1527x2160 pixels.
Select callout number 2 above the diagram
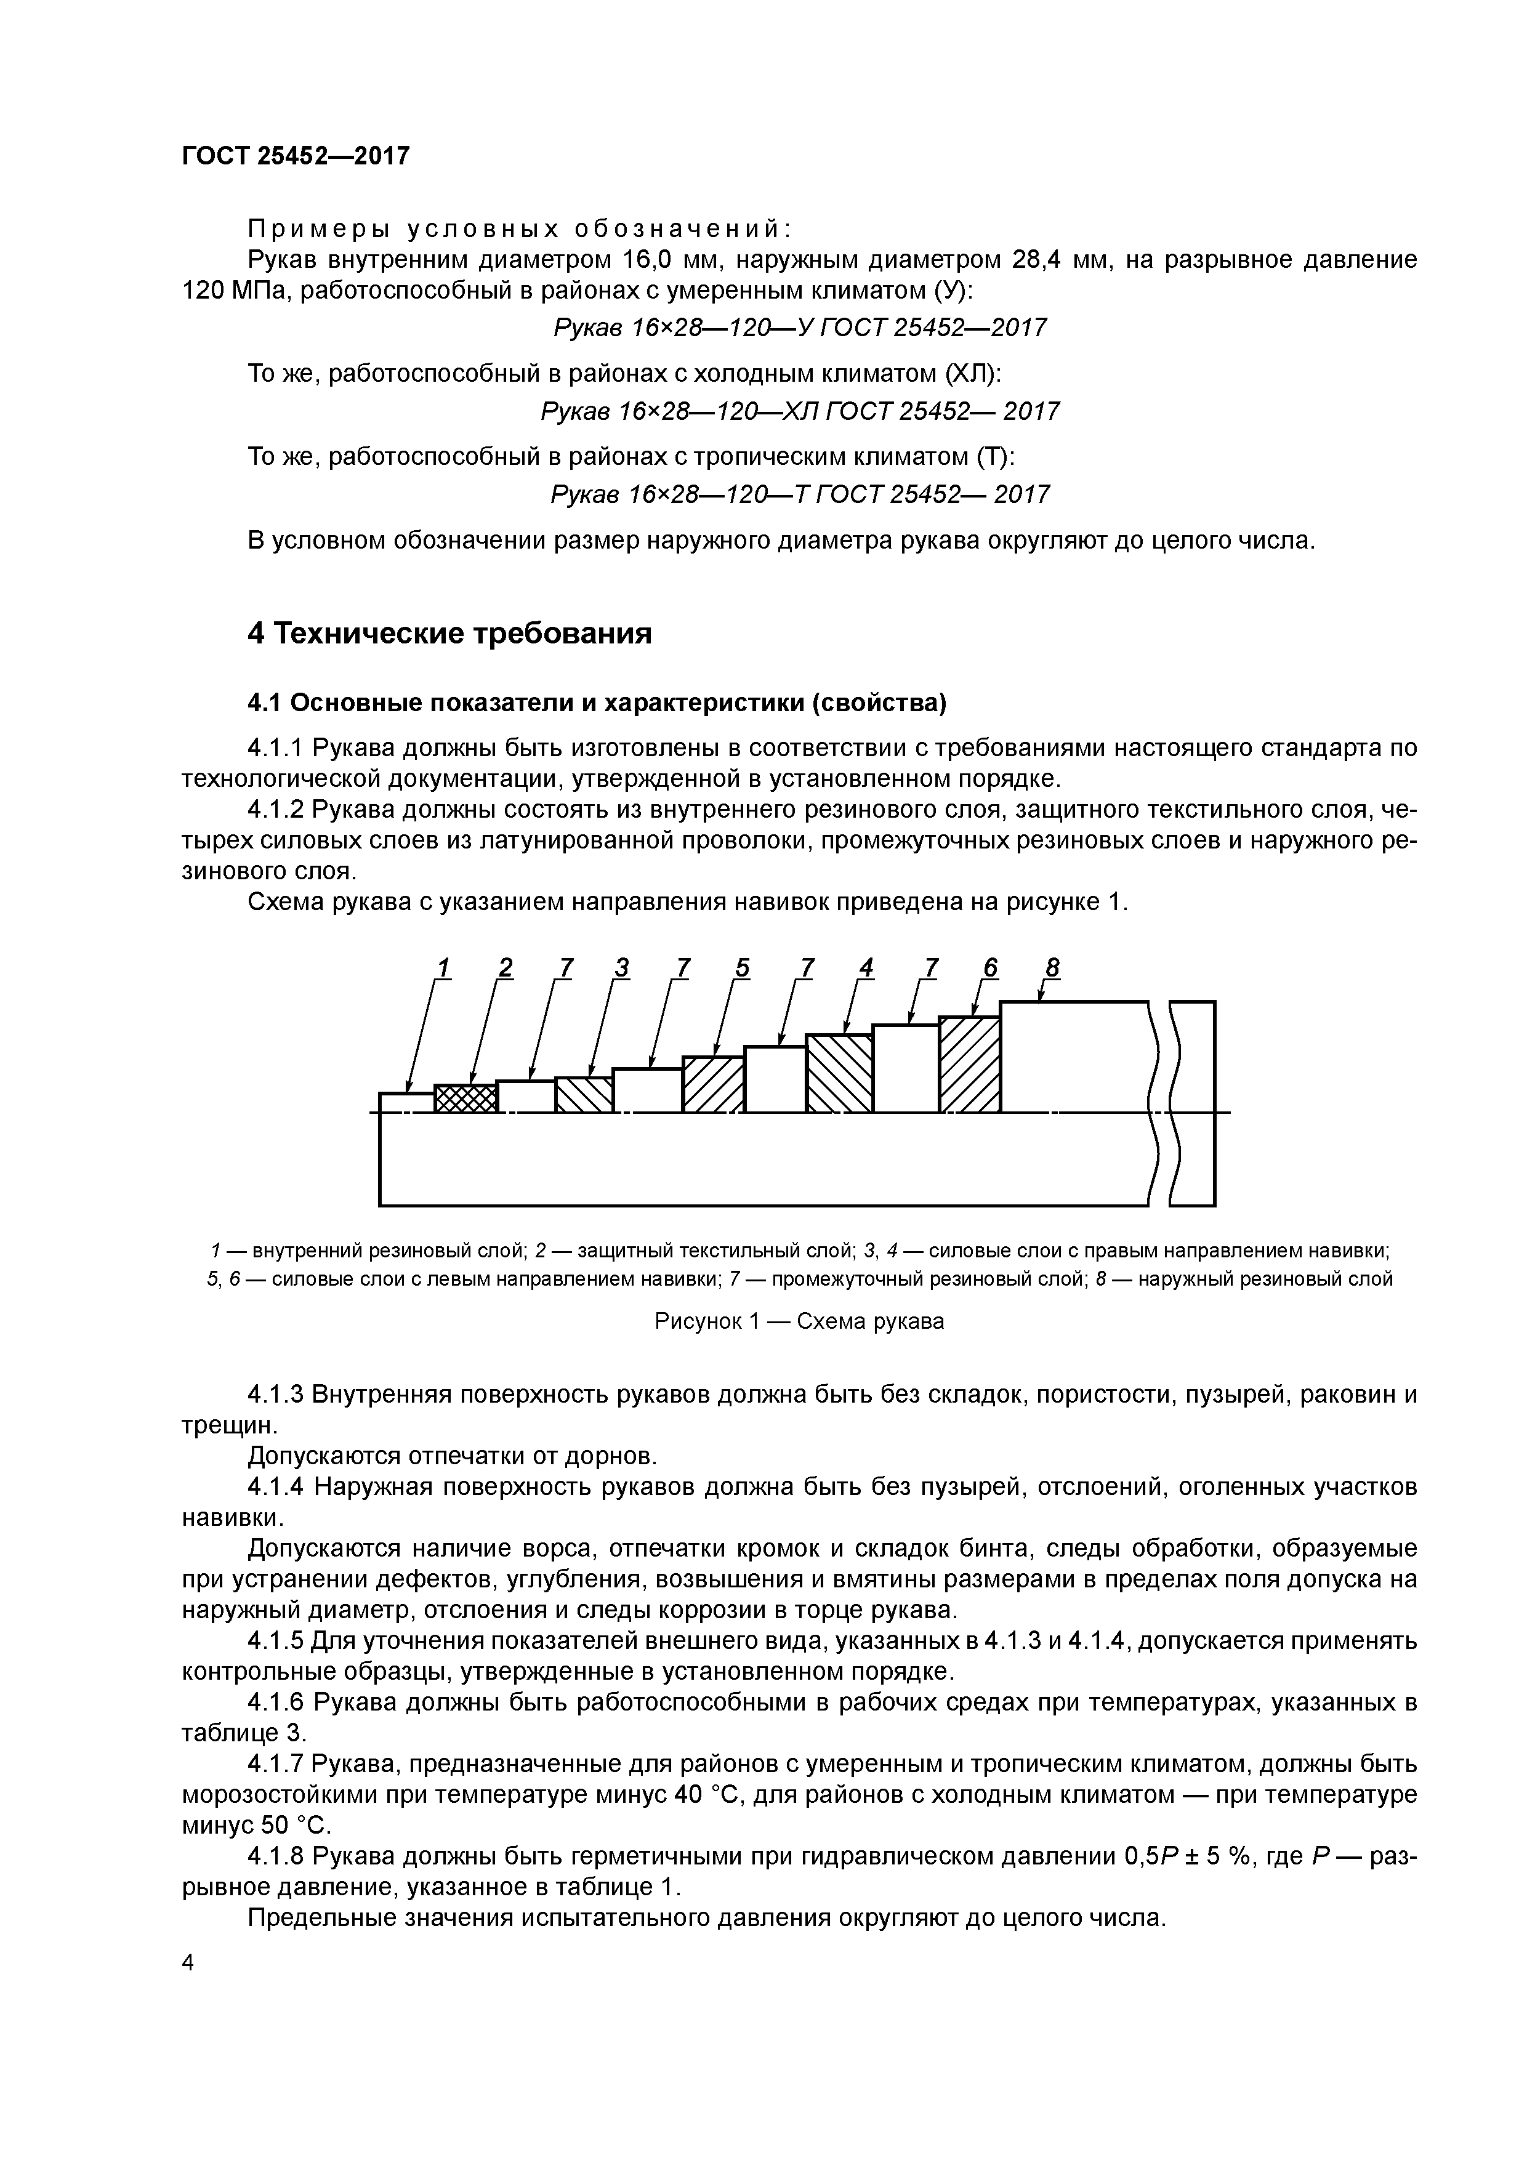[x=506, y=967]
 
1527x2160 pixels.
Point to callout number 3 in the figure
[x=621, y=967]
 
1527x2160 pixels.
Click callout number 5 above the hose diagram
[x=743, y=967]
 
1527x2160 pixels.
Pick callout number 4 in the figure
[x=866, y=967]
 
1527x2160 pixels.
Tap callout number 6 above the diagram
[x=989, y=967]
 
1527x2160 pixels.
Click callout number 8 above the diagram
[x=1052, y=967]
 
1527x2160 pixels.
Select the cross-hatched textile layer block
[x=465, y=1099]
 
